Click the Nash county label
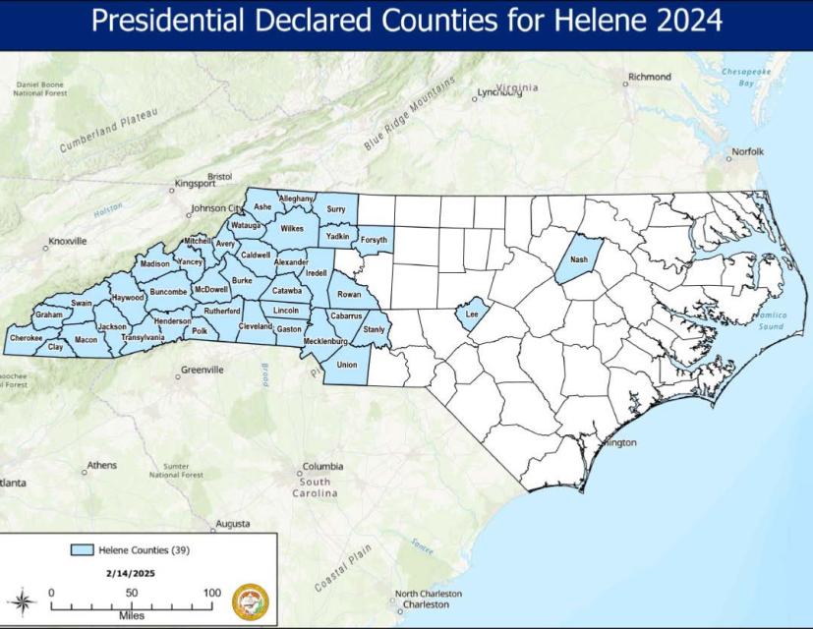578,259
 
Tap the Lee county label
471,314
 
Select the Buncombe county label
169,292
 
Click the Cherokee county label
26,338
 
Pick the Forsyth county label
374,240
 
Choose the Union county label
346,365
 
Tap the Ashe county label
262,207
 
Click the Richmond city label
650,77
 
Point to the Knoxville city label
68,241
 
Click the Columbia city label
322,467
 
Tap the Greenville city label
203,370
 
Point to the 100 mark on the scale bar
211,593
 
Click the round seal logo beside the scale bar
251,600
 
